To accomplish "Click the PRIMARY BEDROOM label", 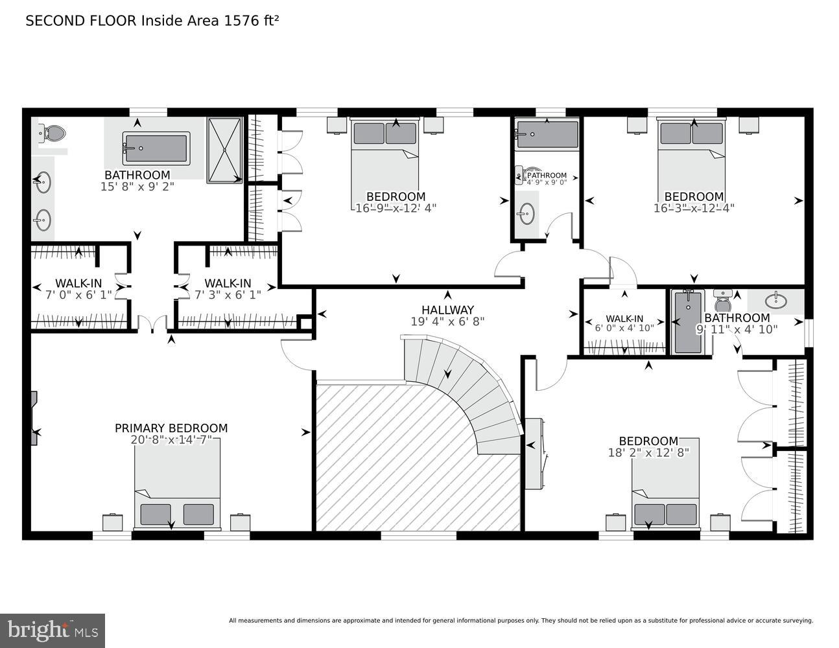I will coord(171,428).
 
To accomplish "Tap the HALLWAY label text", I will coord(447,310).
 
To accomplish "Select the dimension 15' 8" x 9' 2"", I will coord(137,187).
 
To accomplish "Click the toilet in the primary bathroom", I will coord(53,134).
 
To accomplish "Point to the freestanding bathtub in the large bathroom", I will coord(156,149).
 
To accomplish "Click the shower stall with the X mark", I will coord(224,150).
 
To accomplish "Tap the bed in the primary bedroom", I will coord(177,483).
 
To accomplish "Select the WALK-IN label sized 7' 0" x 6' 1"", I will coord(78,283).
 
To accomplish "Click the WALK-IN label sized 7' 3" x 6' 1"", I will coord(228,283).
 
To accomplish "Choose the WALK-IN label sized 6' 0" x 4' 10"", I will coord(624,319).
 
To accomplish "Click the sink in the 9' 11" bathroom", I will coord(775,301).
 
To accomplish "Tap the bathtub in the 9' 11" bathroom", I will coord(688,322).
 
